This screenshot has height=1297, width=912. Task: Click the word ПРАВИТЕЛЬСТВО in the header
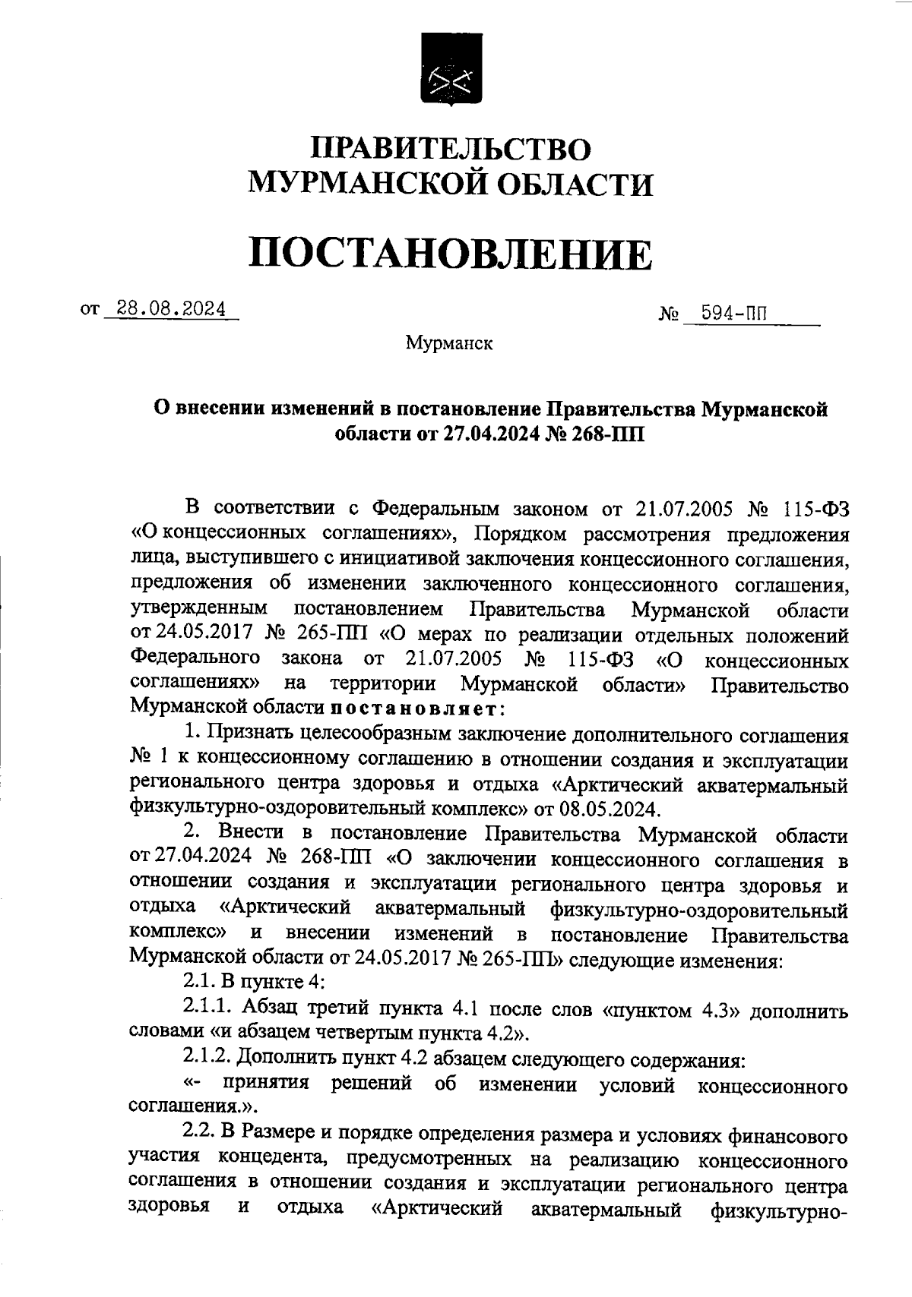coord(452,147)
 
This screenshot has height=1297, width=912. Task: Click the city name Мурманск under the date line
coord(449,344)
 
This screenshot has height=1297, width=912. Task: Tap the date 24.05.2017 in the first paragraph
coord(197,634)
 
